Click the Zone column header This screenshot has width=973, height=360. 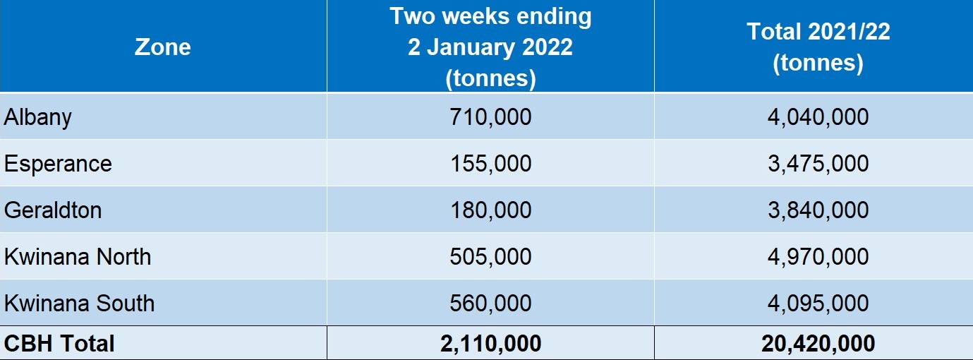point(163,47)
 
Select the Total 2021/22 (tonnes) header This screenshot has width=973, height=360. point(818,47)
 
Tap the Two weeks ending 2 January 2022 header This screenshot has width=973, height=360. point(490,47)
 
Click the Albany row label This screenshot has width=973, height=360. point(38,116)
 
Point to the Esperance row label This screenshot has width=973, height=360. point(58,163)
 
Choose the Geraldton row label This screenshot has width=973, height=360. point(53,210)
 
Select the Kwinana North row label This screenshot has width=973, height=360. point(78,256)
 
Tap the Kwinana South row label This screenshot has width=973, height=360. point(79,303)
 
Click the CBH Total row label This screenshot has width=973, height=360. point(59,344)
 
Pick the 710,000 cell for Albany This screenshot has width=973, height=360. point(490,116)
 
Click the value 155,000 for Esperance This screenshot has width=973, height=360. point(490,163)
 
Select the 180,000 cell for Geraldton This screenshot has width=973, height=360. point(490,210)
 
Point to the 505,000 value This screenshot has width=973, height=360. point(490,256)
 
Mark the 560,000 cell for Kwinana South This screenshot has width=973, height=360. point(490,303)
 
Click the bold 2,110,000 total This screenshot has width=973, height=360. point(490,344)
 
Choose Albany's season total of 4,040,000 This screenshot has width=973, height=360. point(818,116)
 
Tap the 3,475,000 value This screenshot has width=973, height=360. point(818,163)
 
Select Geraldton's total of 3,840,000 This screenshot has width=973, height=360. point(818,210)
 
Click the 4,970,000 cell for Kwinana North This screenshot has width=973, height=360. point(818,256)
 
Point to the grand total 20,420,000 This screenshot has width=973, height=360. point(818,344)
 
